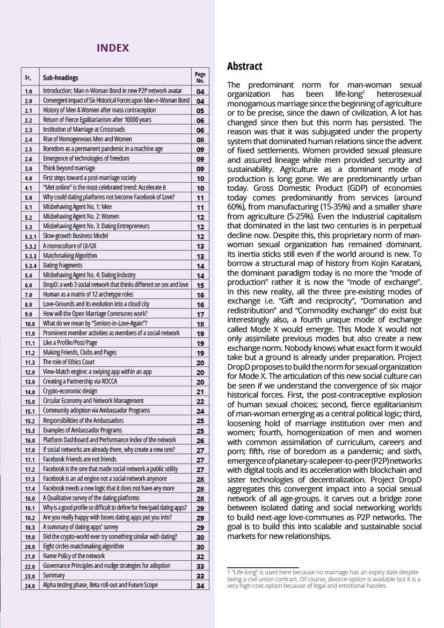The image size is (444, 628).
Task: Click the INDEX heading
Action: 113,48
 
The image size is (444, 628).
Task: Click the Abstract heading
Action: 245,66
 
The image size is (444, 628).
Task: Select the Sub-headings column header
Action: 61,77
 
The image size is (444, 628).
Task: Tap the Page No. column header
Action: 200,77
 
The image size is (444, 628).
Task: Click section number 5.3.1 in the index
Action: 30,236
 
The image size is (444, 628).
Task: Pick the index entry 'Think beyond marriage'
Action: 69,168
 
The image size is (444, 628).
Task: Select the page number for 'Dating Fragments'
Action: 200,265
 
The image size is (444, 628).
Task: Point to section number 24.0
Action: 30,585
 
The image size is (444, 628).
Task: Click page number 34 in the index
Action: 200,585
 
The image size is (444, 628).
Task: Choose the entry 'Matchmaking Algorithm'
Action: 70,256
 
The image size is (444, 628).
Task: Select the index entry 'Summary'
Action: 54,575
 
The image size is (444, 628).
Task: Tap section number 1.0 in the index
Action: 29,91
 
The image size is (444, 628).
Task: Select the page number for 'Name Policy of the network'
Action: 200,556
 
